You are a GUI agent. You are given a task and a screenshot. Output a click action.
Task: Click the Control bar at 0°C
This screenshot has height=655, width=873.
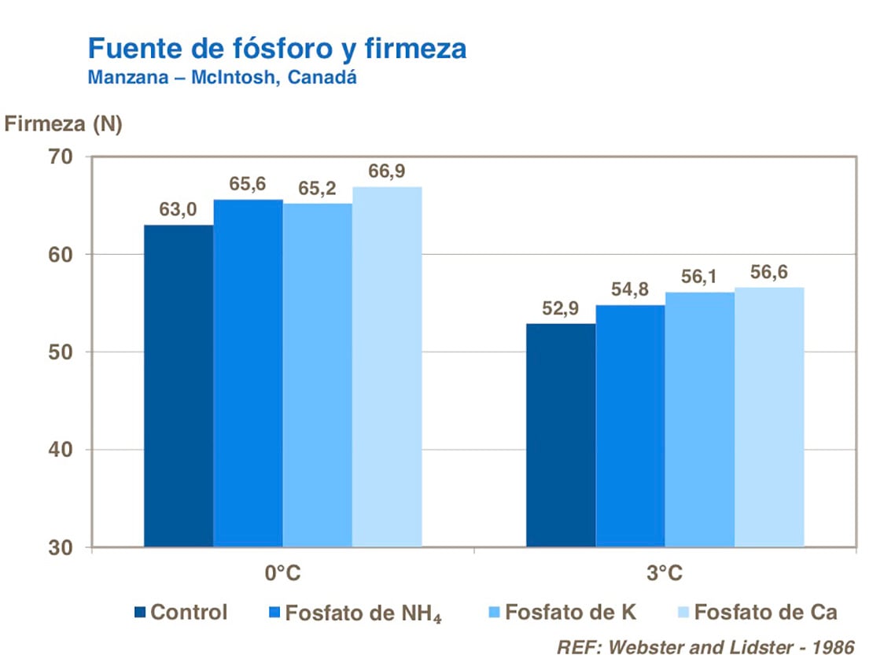(x=179, y=385)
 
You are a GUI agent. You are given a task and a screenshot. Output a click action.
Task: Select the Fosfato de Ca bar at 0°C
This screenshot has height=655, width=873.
(x=387, y=366)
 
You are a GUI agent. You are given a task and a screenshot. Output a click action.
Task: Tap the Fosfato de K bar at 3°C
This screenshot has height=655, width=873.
(x=699, y=419)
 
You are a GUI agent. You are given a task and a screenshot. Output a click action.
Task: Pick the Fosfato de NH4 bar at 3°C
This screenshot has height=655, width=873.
(x=630, y=425)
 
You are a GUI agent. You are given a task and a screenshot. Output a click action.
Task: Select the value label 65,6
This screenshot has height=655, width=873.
(x=248, y=185)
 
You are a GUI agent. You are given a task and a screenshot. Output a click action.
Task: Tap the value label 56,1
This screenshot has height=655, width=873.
(x=699, y=278)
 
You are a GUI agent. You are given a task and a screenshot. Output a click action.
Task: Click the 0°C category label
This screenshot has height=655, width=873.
(x=283, y=574)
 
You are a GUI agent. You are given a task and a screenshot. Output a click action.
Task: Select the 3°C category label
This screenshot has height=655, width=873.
(x=665, y=574)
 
